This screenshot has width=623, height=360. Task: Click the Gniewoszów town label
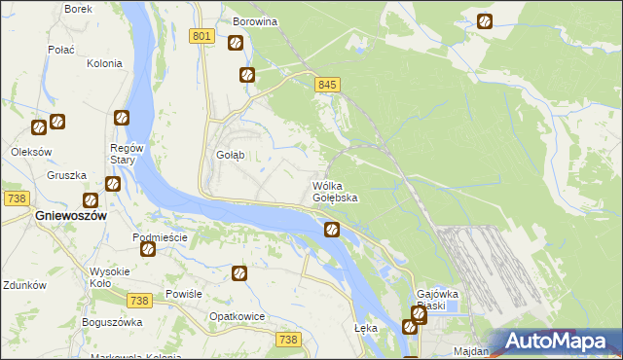(x=69, y=216)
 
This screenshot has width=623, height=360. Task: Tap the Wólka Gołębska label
(x=335, y=191)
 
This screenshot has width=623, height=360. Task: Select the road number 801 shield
(x=202, y=36)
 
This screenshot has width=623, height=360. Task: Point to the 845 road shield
(x=327, y=86)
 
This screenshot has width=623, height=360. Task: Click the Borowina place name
(x=256, y=20)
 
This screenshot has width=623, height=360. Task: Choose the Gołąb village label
(x=230, y=155)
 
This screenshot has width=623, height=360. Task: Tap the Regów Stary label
(x=128, y=154)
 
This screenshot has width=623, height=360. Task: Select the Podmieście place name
(x=160, y=237)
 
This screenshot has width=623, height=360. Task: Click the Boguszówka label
(x=112, y=322)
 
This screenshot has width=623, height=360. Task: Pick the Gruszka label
(x=67, y=176)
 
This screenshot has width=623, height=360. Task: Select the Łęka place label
(x=366, y=328)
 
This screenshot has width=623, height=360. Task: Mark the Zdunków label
(x=24, y=285)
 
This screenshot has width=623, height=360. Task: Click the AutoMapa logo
(x=557, y=341)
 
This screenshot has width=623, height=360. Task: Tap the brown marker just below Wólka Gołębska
(x=332, y=230)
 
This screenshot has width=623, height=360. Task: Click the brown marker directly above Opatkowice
(x=239, y=275)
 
